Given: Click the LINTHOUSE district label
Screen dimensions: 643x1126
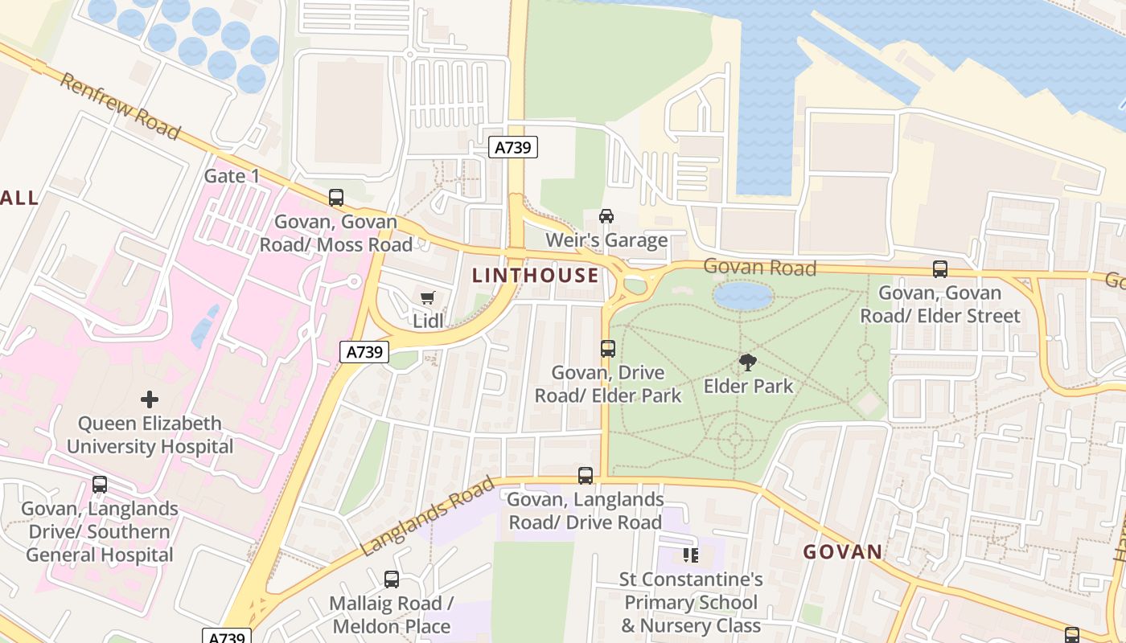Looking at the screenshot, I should pos(536,276).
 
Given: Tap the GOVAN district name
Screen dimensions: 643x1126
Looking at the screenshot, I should pos(843,552).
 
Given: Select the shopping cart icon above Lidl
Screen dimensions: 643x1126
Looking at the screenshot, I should pos(428,298).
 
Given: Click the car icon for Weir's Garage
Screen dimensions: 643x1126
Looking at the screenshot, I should pos(606,216).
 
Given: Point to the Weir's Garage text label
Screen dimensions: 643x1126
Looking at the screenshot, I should pos(606,240).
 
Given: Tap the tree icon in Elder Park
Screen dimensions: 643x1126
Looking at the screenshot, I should pos(748,362).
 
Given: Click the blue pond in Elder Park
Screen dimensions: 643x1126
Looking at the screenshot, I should pos(743,296).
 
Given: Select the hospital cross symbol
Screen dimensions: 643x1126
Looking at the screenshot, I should pos(150,399).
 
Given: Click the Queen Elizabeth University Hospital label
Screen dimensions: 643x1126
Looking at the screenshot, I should pos(150,435).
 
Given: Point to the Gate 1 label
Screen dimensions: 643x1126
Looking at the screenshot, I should pos(232,176).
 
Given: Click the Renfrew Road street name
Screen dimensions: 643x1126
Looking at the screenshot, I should pos(121,107).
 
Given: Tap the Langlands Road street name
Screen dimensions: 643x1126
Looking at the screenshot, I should pos(427,515).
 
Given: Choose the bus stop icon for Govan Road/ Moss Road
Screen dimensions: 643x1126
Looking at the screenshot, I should pos(336,198).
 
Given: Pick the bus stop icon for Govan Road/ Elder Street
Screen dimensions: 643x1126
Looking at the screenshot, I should pos(939,269).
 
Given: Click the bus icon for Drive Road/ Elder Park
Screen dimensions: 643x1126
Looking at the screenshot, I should pos(608,349).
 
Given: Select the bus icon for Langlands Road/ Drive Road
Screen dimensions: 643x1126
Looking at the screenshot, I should pos(586,476).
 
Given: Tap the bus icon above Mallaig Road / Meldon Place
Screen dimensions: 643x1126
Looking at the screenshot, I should pos(392,580).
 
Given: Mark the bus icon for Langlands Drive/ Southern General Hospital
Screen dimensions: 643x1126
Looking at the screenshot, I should pos(100,485).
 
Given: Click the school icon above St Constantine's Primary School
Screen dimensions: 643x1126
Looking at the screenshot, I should pos(690,555).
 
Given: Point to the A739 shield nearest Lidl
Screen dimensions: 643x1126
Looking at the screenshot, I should pos(364,352).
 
